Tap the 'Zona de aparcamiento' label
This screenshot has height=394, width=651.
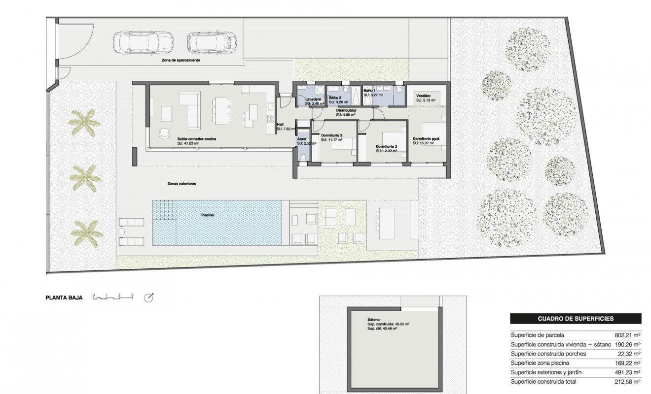181,61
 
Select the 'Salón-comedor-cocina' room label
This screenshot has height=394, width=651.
197,139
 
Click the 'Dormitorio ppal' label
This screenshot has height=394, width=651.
426,139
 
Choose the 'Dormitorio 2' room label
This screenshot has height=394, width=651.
386,146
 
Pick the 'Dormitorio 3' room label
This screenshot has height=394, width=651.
331,135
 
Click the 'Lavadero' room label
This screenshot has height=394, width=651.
313,99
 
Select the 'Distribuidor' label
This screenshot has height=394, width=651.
346,110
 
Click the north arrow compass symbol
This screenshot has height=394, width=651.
149,297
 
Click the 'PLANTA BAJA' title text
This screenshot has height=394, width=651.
65,297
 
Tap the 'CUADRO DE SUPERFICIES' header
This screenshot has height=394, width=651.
575,319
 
